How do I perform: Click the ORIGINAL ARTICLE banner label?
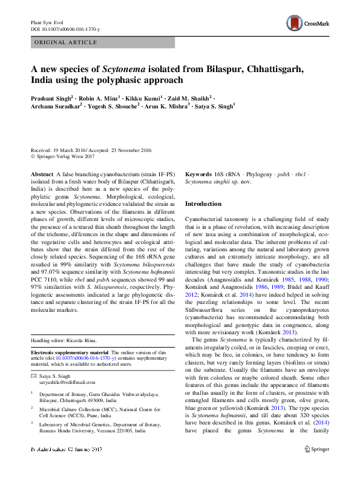(x=66, y=42)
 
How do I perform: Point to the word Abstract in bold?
(x=41, y=174)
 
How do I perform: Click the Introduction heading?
(x=203, y=204)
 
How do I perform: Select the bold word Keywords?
(x=198, y=174)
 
